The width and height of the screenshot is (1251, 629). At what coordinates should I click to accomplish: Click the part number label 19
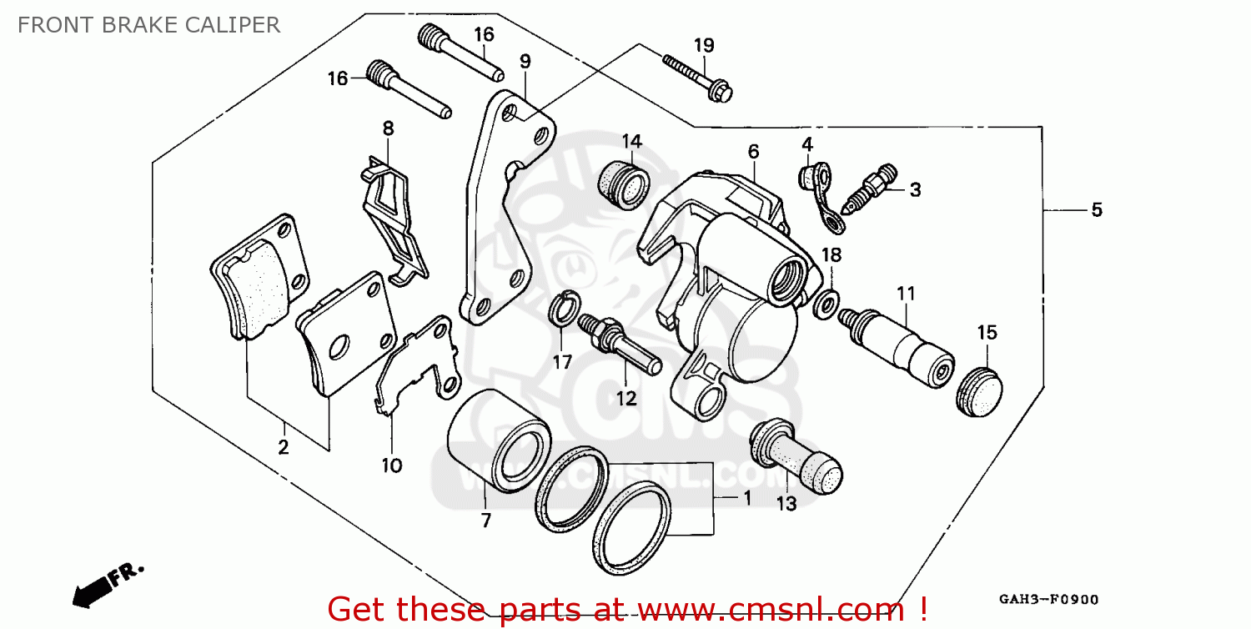click(x=704, y=45)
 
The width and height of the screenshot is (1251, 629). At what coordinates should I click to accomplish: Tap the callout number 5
click(x=1096, y=210)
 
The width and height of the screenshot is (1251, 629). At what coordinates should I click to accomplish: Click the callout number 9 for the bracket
click(x=525, y=61)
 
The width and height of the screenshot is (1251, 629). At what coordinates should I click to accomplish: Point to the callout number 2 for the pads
click(x=283, y=447)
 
